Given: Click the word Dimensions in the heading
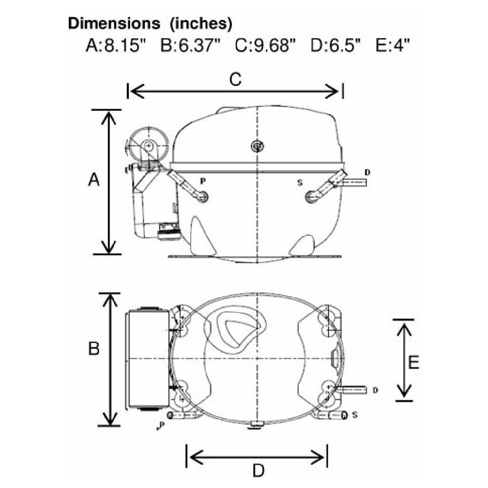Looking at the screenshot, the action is [x=114, y=23].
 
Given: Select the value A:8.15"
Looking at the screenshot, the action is [x=116, y=45].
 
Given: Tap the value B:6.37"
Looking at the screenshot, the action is [x=190, y=45].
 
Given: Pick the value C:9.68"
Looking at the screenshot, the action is [x=265, y=45].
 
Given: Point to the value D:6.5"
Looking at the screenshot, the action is [x=336, y=45].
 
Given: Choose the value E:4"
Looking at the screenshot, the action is [x=393, y=45].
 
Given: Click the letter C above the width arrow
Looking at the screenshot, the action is [x=236, y=80].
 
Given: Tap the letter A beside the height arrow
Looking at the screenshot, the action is [x=94, y=180].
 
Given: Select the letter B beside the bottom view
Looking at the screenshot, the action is [x=94, y=348].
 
